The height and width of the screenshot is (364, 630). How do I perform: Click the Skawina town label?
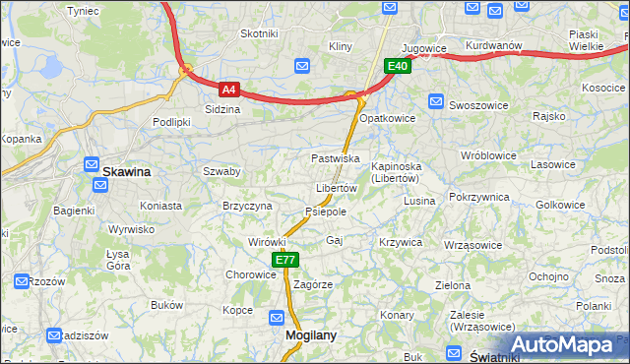point(127,171)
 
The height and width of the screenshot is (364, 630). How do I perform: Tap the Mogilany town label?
point(310,334)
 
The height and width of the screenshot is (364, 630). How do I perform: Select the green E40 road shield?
point(397,66)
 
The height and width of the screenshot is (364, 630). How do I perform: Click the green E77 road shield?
point(284,260)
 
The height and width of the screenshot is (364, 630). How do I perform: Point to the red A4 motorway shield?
point(228,89)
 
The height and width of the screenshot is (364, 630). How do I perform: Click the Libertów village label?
point(336,188)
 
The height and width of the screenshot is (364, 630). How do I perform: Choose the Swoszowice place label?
point(475,103)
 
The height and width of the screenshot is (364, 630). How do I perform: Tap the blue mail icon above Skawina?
point(92,165)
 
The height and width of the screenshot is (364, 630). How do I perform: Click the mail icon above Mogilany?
point(278,318)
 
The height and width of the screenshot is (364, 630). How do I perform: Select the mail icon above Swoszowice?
point(437,99)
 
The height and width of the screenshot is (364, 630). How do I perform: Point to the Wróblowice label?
point(488,155)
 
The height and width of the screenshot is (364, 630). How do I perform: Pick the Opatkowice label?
point(387,118)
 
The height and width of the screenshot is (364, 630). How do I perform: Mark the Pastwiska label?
point(335,158)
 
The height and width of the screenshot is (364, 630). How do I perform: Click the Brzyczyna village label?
point(247,206)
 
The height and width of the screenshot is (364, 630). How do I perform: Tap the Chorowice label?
point(251,275)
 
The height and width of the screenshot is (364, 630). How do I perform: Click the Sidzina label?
point(222,109)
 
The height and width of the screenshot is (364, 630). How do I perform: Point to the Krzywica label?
point(401,242)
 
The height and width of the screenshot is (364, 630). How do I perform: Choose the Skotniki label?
point(259,33)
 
